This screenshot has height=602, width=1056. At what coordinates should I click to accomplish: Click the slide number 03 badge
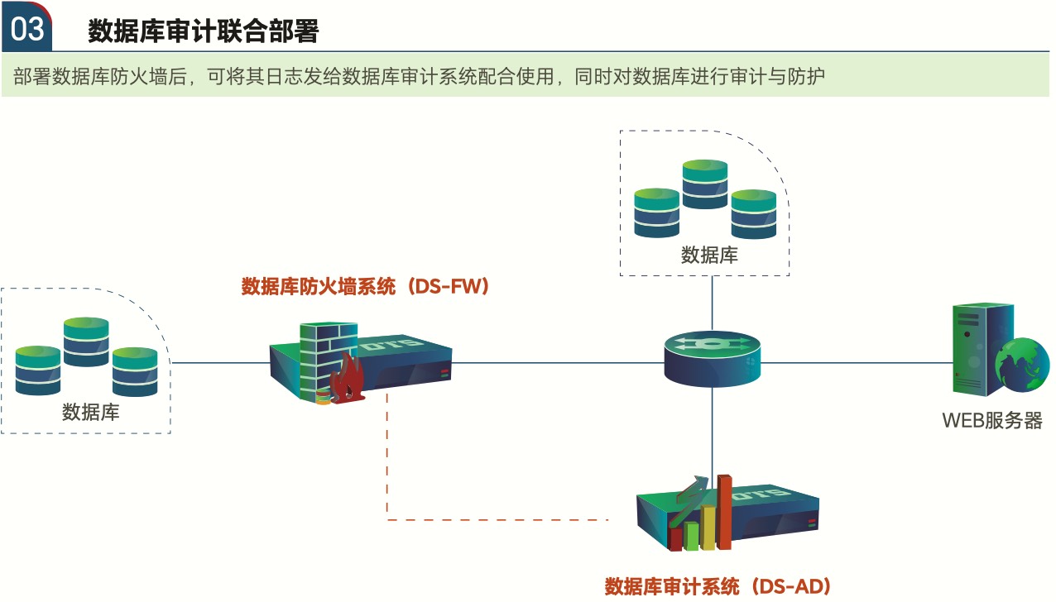(27, 30)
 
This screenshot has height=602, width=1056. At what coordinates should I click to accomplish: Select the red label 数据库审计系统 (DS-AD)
(718, 586)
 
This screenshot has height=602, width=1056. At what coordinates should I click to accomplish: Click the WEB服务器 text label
(991, 420)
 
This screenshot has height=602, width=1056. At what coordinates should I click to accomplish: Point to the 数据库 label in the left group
(90, 412)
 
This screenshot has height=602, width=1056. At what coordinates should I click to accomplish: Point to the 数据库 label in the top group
(709, 255)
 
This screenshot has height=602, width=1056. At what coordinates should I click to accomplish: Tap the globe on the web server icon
(1022, 364)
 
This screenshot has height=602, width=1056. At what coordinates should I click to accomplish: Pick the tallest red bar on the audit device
(724, 512)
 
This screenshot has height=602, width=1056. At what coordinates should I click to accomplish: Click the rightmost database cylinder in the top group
(753, 213)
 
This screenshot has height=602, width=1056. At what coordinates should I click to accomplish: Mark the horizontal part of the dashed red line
(497, 520)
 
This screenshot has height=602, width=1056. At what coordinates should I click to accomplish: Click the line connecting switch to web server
(852, 362)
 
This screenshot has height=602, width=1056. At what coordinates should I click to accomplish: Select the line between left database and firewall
(219, 362)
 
